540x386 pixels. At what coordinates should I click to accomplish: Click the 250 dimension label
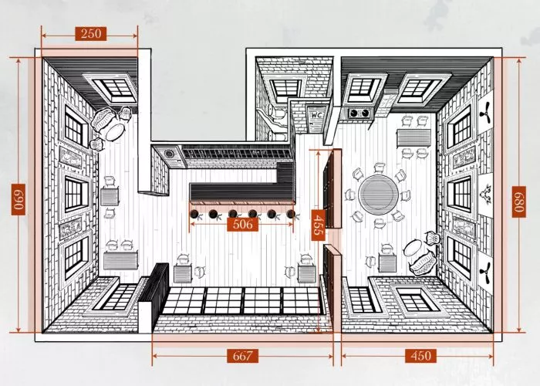tap(91, 34)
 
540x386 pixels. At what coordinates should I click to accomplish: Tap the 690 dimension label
tap(19, 199)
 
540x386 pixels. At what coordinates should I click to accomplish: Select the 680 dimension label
tap(518, 202)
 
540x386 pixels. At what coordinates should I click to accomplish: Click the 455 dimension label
tap(318, 225)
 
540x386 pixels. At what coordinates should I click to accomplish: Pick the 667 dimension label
tap(242, 356)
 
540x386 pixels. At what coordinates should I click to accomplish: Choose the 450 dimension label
tap(420, 356)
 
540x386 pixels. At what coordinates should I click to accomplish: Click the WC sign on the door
tap(316, 114)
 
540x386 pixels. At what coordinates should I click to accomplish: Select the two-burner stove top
tap(359, 113)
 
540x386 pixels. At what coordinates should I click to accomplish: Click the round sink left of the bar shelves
tap(169, 154)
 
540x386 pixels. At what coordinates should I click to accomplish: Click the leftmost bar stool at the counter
tap(194, 214)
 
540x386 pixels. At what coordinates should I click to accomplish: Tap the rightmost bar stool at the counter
tap(292, 214)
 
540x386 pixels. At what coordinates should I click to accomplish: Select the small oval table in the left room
tap(115, 132)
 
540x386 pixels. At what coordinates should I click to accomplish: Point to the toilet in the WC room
tap(277, 113)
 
